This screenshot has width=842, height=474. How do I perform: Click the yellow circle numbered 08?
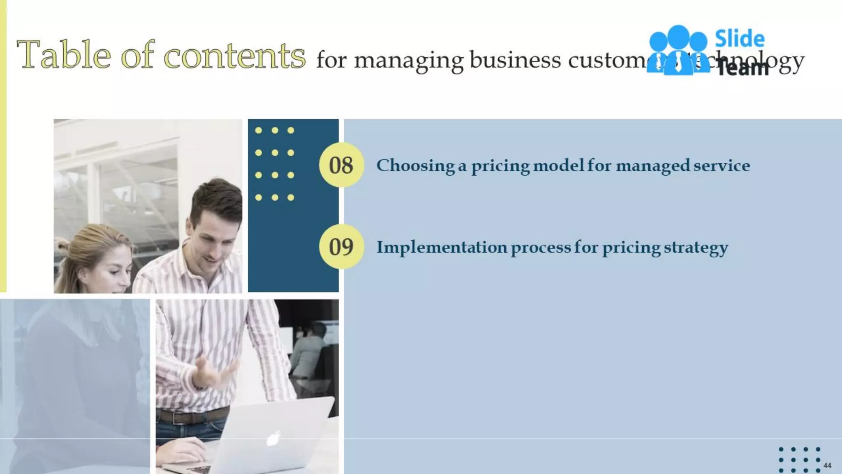341,165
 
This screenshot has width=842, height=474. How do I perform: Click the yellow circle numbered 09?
341,246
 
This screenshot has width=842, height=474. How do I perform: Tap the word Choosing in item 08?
415,166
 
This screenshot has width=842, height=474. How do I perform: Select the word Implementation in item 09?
442,247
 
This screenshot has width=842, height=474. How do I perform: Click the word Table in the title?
64,55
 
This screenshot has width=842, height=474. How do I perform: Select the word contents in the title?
235,56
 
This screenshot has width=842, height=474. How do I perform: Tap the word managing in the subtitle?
409,61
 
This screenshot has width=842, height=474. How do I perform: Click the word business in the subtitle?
515,60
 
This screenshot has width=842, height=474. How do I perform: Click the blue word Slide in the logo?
740,39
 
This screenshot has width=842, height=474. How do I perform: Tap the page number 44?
827,465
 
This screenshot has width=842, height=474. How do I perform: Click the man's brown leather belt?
193,416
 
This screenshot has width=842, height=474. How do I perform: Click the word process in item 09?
541,248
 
